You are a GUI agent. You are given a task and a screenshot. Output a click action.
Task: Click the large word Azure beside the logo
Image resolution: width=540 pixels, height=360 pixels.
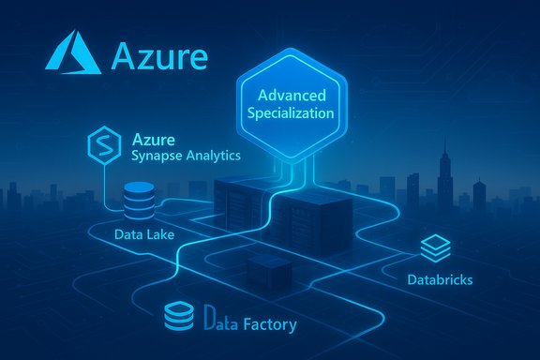[x=159, y=55]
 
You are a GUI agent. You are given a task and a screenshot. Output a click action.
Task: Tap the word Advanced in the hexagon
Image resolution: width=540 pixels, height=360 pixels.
[x=297, y=96]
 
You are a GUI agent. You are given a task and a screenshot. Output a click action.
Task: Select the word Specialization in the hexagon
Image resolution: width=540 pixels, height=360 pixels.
[x=297, y=114]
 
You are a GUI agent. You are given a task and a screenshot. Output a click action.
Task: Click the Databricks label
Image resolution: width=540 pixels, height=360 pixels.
[x=440, y=279]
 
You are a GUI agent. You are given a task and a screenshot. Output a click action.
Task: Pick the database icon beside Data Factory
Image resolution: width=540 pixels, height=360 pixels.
[x=177, y=316]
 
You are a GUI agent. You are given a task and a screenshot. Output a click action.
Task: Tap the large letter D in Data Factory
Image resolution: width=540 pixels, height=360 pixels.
[x=209, y=324]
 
